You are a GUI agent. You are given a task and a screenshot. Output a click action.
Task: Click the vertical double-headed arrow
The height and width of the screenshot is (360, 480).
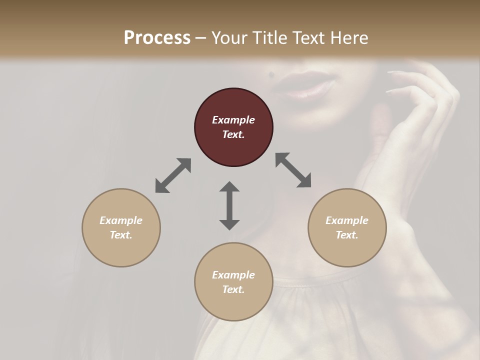pos(229,205)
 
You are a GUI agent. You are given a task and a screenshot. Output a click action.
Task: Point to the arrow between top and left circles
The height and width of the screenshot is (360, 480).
pos(173,175)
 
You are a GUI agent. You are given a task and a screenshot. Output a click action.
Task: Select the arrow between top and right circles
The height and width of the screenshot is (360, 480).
pos(293,170)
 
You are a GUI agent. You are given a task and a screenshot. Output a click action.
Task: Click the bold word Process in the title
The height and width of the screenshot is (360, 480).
pos(157,37)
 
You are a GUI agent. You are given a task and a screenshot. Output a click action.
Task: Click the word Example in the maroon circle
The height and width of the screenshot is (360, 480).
pos(233,120)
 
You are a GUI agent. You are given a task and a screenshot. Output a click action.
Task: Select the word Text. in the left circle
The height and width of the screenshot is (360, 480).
pos(121,235)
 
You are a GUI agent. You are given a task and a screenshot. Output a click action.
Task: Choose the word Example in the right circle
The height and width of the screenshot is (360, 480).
pos(347,220)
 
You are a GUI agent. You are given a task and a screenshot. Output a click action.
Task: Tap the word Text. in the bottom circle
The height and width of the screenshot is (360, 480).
pos(233,289)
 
